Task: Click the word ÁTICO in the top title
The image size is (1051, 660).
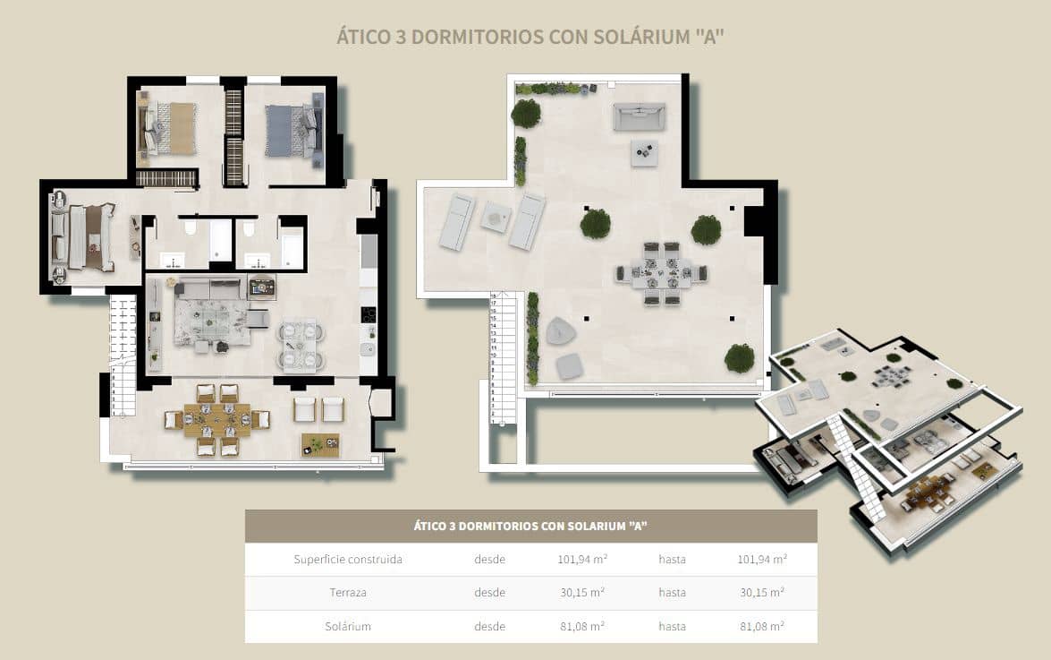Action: (361, 37)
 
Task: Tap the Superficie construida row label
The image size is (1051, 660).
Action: (348, 560)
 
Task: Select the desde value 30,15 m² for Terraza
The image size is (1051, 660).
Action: (577, 593)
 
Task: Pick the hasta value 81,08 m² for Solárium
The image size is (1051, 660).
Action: (761, 626)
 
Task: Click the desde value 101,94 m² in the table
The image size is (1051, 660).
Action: (577, 560)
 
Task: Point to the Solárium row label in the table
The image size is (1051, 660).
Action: (348, 626)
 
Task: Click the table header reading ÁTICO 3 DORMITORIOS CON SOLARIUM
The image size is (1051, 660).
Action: (530, 526)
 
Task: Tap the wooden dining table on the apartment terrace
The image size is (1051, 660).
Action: (216, 420)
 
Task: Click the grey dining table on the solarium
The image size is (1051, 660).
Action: (661, 273)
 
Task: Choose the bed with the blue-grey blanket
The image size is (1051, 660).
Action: (286, 131)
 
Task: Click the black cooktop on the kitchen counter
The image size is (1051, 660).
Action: (368, 315)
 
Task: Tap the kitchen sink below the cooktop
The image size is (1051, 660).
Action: (368, 348)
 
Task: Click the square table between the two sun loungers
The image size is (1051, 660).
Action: (496, 217)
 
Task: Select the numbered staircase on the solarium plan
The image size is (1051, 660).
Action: (504, 358)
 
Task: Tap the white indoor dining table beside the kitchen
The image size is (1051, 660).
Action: (301, 345)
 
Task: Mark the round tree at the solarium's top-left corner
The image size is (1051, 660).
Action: (526, 114)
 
